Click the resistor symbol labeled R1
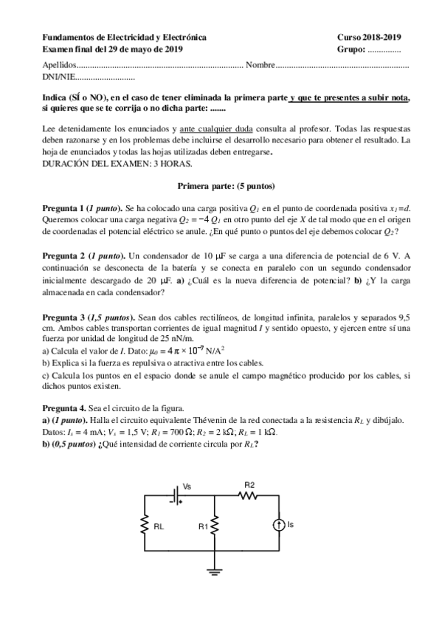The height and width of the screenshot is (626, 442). (215, 526)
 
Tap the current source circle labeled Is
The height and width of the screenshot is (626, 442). (279, 526)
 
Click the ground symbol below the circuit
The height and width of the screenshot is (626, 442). (215, 569)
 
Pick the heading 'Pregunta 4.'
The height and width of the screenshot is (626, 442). (65, 408)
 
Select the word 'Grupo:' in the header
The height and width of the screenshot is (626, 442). (351, 49)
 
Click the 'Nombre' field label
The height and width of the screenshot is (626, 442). (260, 65)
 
